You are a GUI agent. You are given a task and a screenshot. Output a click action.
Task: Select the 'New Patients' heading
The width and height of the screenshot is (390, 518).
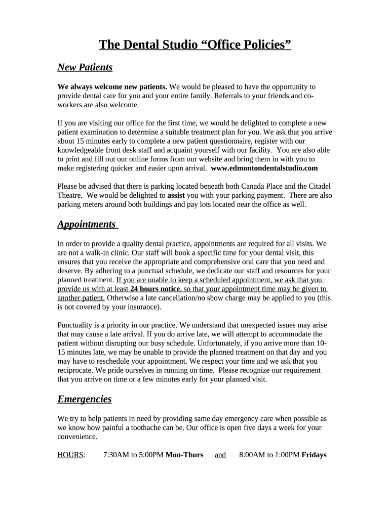pos(85,67)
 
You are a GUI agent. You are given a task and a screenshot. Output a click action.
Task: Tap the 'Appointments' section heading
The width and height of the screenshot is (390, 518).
pos(87,224)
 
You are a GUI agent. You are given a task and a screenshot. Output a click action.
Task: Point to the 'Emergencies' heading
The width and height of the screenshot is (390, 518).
pos(85,399)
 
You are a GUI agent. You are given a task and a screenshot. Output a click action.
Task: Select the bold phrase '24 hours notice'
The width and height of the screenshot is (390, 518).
pos(155,289)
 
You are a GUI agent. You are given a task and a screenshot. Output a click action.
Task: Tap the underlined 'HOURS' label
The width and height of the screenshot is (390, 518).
pos(70,455)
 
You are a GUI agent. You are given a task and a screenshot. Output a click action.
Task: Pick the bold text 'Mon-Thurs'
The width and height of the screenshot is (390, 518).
pos(184,455)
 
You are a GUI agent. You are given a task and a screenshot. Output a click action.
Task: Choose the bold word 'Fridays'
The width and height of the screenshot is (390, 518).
pos(314,455)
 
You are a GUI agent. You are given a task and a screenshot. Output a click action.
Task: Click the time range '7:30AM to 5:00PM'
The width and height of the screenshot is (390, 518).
pos(133,455)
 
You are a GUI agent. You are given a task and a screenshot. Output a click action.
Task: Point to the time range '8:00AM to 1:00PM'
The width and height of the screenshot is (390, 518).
pos(269,455)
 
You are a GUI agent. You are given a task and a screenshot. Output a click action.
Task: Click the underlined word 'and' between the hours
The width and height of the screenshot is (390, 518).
pos(220,455)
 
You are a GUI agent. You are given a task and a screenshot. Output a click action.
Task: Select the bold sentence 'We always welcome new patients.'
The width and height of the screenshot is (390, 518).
pos(112,87)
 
